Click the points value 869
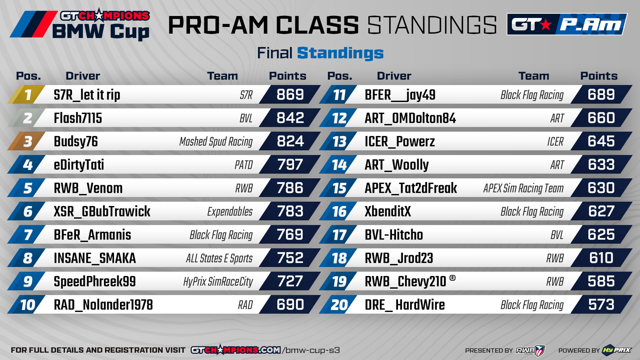point(290,94)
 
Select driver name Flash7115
point(78,118)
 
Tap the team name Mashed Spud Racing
point(216,142)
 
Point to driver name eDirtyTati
point(79,165)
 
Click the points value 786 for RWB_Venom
point(290,188)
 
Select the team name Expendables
point(230,212)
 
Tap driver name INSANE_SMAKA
point(94,258)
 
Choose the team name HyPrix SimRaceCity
point(218,282)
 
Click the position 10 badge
point(26,305)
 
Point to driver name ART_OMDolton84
point(410,118)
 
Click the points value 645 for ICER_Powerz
point(601,142)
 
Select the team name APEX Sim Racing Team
point(524,188)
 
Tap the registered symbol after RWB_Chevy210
point(452,278)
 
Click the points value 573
point(601,305)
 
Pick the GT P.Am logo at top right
point(567,24)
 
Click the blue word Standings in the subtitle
point(340,54)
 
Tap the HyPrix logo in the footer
point(616,350)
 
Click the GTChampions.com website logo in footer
point(236,350)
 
